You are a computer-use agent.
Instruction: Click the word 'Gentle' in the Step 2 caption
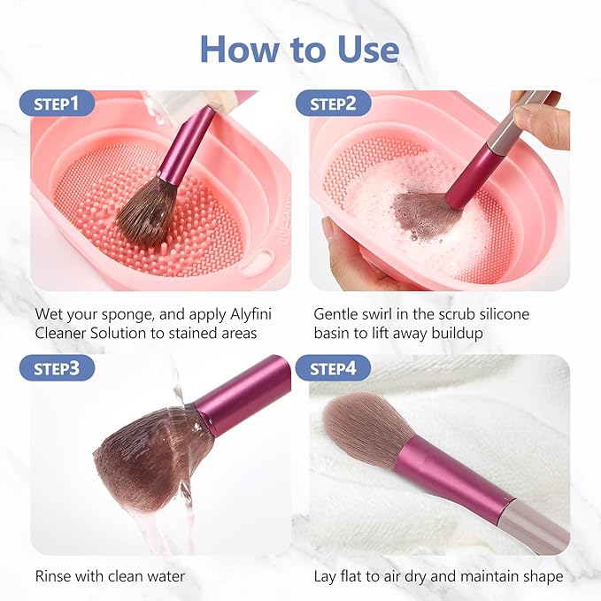click(x=337, y=313)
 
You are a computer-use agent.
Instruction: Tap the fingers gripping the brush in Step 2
click(x=540, y=119)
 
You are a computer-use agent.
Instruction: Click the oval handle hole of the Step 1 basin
click(x=258, y=261)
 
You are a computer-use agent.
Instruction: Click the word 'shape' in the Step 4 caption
click(x=543, y=576)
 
